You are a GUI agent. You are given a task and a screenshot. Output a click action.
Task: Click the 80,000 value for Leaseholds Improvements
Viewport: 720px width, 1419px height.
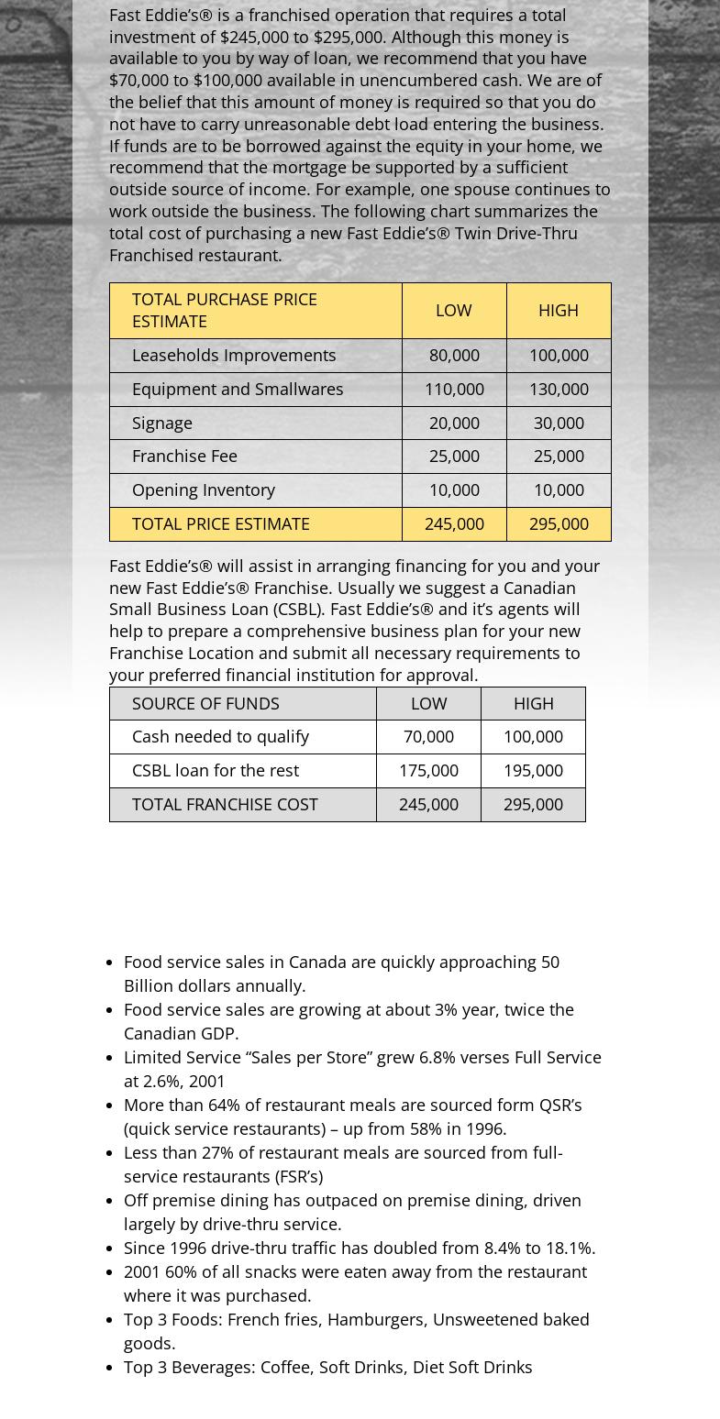click(454, 355)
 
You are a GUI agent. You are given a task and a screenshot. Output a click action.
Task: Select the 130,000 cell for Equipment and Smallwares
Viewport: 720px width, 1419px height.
click(559, 389)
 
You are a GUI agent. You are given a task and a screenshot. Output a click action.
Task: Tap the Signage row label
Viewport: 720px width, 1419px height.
click(162, 423)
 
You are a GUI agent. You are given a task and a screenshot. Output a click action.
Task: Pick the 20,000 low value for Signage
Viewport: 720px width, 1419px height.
click(454, 423)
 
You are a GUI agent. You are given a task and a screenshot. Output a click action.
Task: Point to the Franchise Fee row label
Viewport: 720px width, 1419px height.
click(184, 456)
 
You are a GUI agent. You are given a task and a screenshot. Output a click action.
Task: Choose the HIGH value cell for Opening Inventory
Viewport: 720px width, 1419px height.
click(559, 489)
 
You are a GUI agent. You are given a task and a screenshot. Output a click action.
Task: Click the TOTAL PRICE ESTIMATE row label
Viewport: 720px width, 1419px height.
click(221, 523)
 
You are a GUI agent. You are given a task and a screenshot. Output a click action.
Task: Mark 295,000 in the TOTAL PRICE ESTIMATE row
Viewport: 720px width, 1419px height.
click(559, 523)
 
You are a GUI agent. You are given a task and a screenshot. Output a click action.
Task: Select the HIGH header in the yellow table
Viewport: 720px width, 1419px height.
click(559, 310)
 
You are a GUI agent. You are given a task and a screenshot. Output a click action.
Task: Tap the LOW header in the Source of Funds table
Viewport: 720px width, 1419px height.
click(428, 703)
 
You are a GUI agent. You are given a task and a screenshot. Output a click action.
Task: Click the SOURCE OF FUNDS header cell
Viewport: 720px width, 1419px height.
click(205, 703)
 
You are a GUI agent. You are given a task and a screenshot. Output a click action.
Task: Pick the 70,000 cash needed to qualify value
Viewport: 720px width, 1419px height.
click(428, 736)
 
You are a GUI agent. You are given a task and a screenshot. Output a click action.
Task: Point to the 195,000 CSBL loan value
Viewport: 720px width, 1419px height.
click(533, 770)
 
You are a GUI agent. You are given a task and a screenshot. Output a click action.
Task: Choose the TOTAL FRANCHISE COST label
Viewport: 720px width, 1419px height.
click(225, 804)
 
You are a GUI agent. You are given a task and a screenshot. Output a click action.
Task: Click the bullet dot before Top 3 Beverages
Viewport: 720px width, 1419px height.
click(110, 1368)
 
